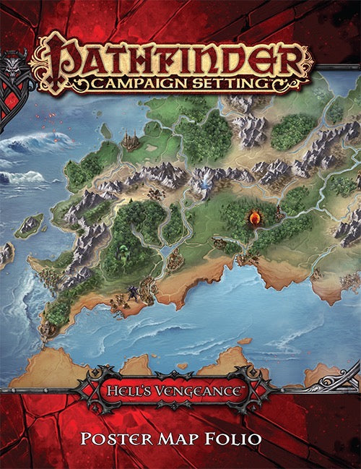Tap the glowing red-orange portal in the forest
pyautogui.click(x=254, y=215)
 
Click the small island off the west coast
pyautogui.click(x=30, y=225)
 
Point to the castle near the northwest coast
pyautogui.click(x=130, y=139)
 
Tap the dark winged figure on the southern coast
pyautogui.click(x=132, y=293)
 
